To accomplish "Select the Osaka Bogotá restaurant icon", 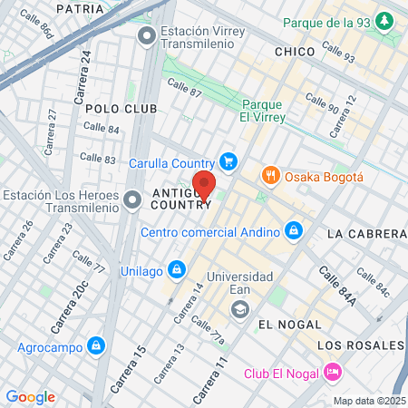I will [x=269, y=176].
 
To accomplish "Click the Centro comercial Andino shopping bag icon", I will [x=293, y=231].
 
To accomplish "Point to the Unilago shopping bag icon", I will [x=179, y=269].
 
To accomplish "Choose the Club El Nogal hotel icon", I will [x=333, y=372].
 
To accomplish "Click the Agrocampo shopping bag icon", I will [x=95, y=345].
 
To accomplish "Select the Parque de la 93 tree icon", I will [x=385, y=20].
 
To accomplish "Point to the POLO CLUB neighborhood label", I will [x=121, y=109].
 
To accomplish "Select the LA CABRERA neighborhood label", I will [x=366, y=234].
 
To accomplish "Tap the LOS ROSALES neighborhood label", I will [x=361, y=345].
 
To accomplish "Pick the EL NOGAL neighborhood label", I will [x=289, y=324].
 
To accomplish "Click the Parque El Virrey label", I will [x=264, y=111].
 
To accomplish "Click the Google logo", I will [x=31, y=396].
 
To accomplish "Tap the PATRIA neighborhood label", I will [x=80, y=8].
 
